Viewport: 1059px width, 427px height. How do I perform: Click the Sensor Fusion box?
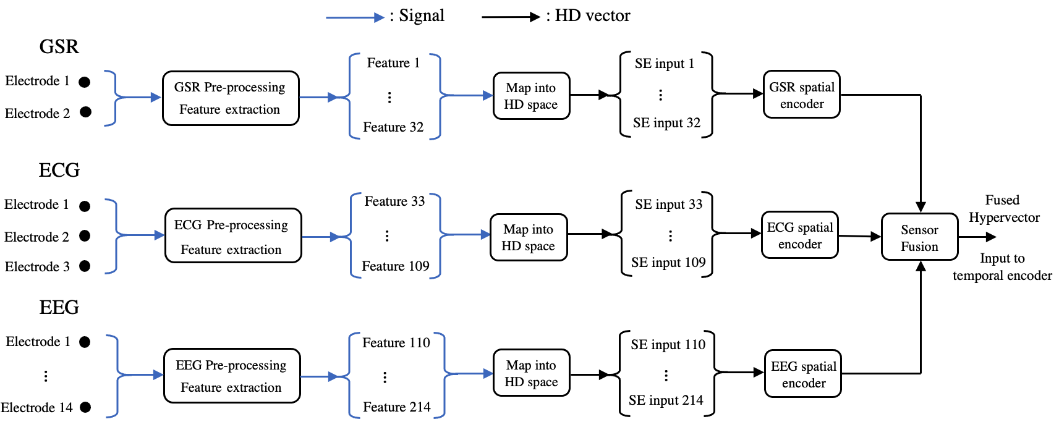(919, 237)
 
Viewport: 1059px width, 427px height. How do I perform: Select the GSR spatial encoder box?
(802, 95)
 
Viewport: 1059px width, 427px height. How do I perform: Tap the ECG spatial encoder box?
(800, 235)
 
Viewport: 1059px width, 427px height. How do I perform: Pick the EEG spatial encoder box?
(803, 374)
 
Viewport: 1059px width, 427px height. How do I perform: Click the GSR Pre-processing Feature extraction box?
(231, 98)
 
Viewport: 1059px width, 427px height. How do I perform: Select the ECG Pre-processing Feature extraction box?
(233, 235)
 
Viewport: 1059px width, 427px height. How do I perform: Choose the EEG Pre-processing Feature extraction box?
(232, 376)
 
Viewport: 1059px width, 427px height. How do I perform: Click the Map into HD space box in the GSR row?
(532, 95)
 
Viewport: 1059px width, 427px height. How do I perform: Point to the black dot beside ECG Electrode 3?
(85, 266)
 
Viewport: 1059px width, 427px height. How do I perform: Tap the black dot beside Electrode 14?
(85, 407)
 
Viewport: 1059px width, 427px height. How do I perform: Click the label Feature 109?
(396, 266)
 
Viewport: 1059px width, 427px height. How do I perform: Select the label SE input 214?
(666, 400)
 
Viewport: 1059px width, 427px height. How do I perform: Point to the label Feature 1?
(393, 63)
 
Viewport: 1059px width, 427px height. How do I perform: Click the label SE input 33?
(668, 204)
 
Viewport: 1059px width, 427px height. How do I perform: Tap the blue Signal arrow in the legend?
(355, 17)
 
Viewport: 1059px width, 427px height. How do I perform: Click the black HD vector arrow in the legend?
(511, 17)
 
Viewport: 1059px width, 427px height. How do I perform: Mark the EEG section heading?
(59, 308)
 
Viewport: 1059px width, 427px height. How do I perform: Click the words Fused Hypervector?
(1004, 209)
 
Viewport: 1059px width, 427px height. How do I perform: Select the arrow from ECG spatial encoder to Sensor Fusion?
(860, 235)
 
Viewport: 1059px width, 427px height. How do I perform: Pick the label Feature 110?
(396, 342)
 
